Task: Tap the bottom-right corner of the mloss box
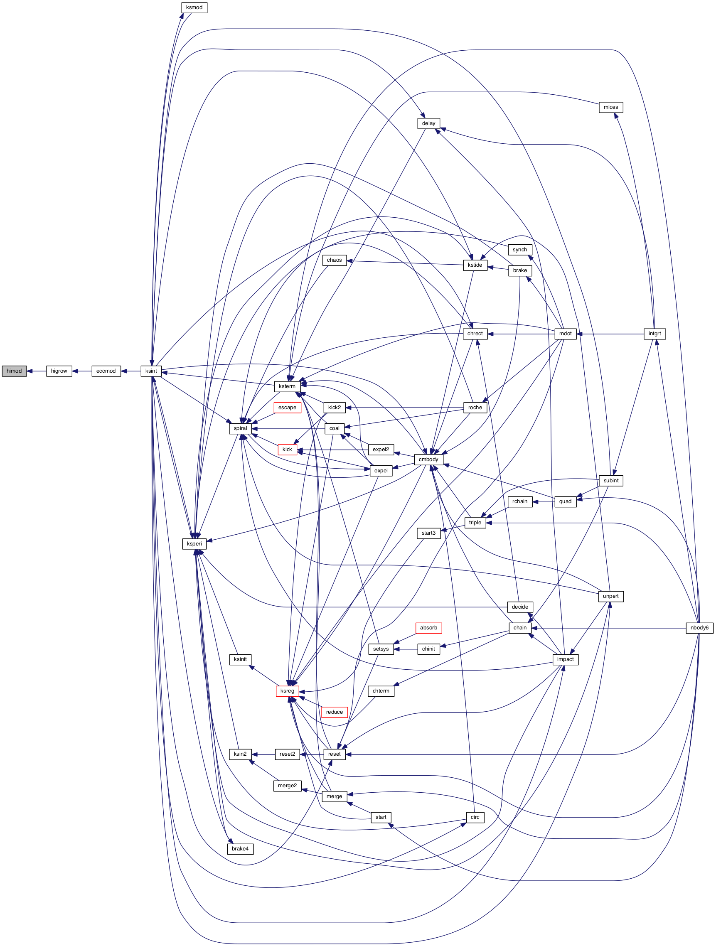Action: pos(623,113)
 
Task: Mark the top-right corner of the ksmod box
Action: pos(207,2)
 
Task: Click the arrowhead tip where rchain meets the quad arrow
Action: pos(533,501)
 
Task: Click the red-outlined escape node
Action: pos(287,408)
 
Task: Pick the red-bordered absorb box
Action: pos(428,628)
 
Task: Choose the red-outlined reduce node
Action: pos(335,712)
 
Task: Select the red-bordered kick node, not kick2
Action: pos(288,450)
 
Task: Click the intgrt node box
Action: pos(655,334)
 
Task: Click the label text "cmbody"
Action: pos(428,459)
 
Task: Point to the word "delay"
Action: pos(428,123)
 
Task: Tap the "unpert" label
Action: pos(611,596)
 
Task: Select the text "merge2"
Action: pos(288,786)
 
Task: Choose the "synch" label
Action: pos(520,250)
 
